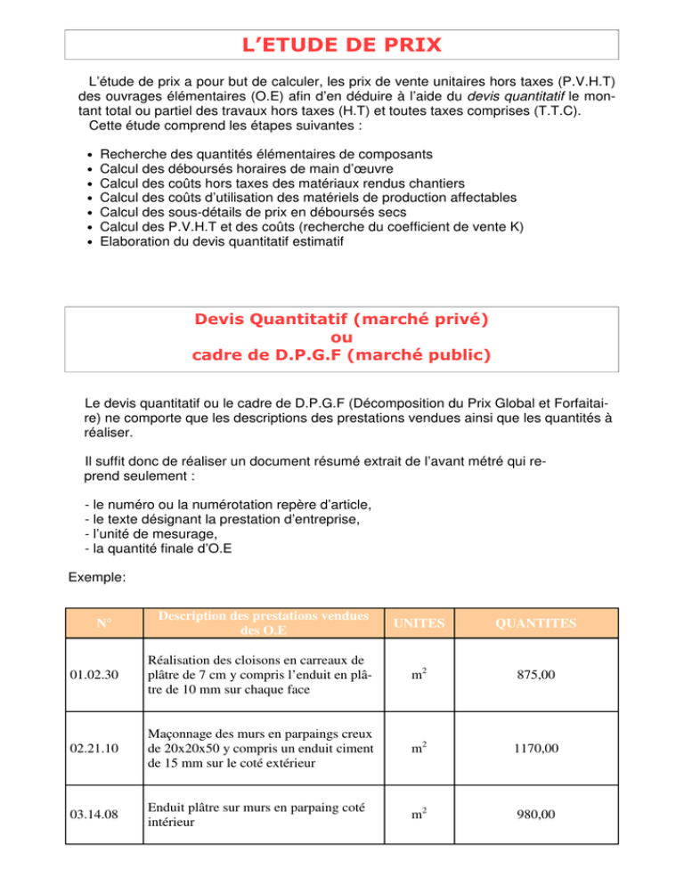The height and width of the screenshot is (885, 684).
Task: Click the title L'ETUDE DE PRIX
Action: click(341, 44)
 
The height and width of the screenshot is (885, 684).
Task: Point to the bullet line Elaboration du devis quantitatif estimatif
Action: click(234, 241)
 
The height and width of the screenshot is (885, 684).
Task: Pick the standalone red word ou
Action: click(341, 337)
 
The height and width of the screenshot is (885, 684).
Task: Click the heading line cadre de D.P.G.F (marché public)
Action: click(341, 355)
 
